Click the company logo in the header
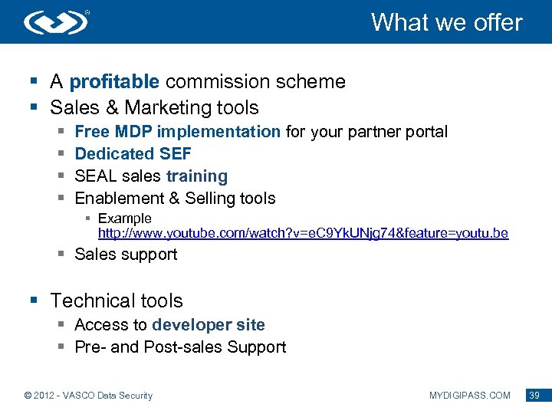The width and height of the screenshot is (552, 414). [x=57, y=22]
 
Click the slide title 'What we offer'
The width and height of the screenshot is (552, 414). [x=446, y=22]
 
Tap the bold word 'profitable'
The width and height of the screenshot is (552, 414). [x=114, y=82]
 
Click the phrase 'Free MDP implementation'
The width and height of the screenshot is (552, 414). [x=178, y=132]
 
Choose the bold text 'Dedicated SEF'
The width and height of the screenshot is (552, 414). [x=133, y=154]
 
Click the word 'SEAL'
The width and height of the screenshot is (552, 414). [x=96, y=176]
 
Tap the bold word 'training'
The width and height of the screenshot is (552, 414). [x=197, y=176]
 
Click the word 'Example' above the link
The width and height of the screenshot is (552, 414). [x=125, y=219]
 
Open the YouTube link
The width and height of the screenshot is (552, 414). [x=303, y=233]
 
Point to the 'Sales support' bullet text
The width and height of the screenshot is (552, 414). [x=126, y=255]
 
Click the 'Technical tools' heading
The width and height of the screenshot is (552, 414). [x=117, y=301]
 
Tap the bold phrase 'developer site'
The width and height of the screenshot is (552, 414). [x=209, y=325]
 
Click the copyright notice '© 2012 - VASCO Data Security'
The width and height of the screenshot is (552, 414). [x=89, y=396]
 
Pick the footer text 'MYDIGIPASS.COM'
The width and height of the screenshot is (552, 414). [x=470, y=396]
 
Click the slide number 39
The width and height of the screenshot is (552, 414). [x=534, y=396]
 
